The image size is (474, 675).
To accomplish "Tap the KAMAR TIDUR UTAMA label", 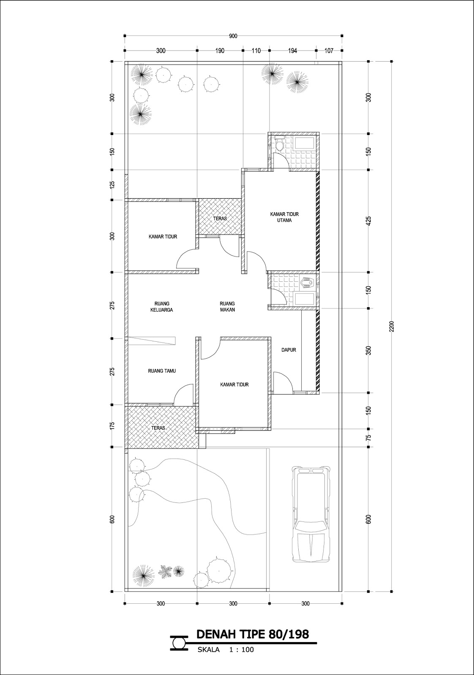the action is [284, 217].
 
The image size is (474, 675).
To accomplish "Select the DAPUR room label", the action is [289, 350].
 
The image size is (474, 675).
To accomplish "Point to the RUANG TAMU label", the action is [162, 371].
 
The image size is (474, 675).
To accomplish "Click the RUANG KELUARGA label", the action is [162, 306].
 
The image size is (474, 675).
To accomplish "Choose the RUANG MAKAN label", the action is [227, 306].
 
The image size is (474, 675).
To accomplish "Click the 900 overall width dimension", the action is [233, 36].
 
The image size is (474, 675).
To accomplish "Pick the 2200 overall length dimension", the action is [392, 327].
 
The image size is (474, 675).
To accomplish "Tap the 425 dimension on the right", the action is [368, 221].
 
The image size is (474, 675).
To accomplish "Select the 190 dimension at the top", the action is [220, 51].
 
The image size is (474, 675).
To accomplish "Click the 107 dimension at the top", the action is [329, 51].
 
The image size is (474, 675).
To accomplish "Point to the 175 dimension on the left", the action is [112, 426].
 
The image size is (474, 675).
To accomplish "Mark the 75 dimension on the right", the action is [368, 438].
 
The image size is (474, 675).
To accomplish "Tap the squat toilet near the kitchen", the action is [308, 283].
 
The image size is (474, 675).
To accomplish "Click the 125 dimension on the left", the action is [112, 185].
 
